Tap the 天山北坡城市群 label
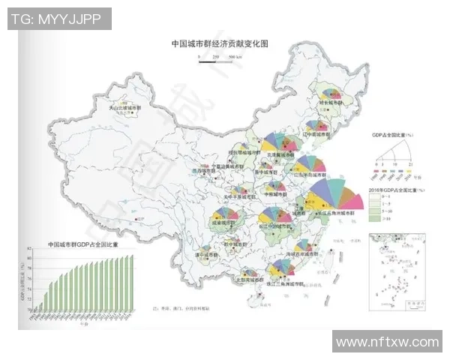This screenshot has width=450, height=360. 124,107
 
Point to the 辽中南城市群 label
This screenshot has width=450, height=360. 315,136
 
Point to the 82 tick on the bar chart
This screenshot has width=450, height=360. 31,257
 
